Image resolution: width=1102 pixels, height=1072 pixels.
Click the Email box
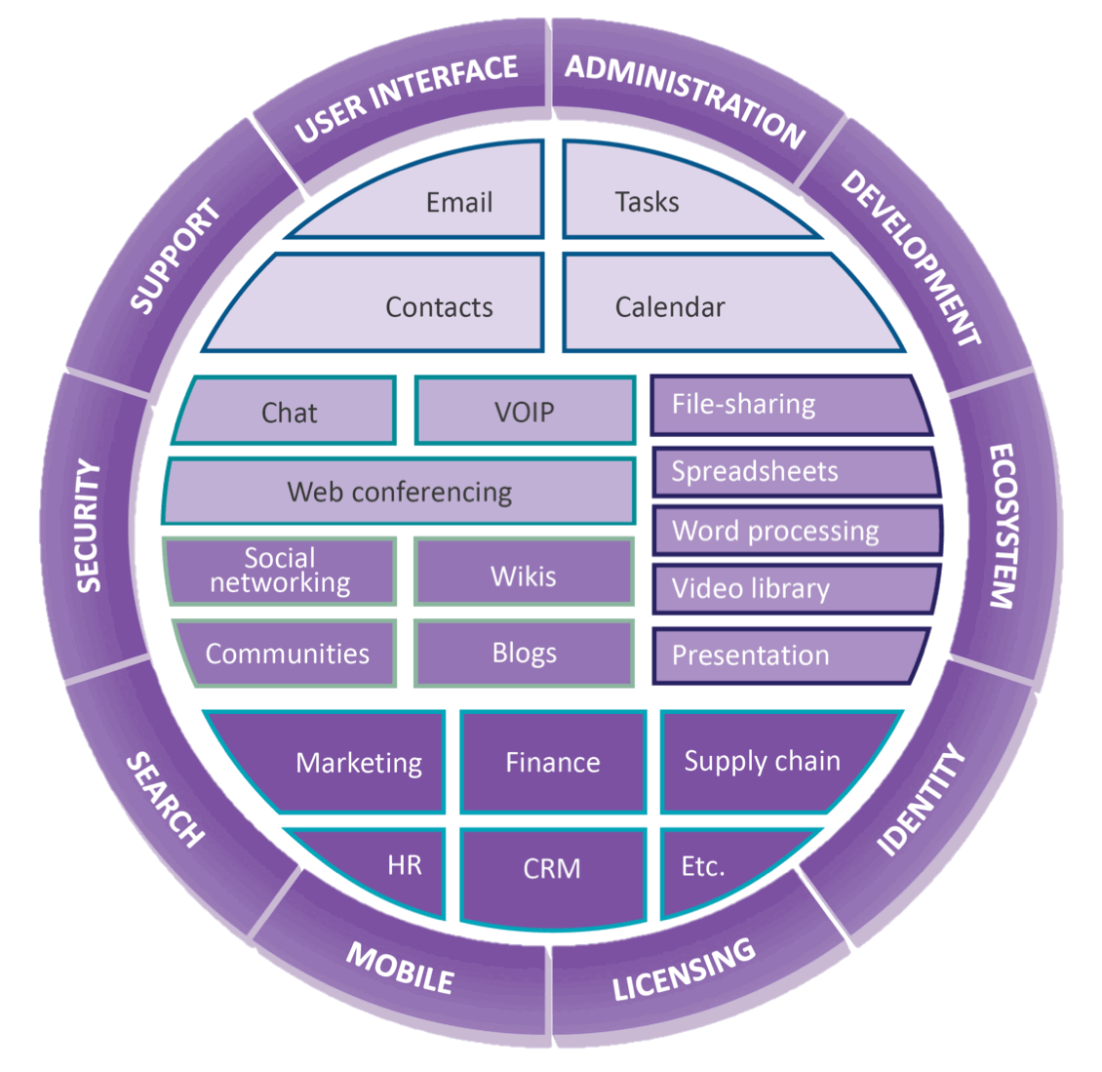tap(458, 203)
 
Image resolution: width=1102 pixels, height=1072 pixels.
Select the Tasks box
tap(648, 202)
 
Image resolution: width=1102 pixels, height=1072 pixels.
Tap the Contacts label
tap(439, 307)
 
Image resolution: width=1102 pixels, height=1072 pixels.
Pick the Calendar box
tap(670, 307)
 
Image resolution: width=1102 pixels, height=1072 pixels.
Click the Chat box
tap(290, 413)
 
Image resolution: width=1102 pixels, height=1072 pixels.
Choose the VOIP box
tap(525, 412)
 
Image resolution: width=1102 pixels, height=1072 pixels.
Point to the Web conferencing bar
tap(400, 492)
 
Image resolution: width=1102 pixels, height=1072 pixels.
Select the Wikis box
tap(524, 576)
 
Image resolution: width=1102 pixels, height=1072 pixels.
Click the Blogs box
tap(524, 653)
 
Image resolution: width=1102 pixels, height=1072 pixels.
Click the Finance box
tap(553, 762)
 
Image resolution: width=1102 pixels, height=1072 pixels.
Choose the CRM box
tap(552, 868)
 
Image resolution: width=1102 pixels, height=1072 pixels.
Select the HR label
tap(404, 864)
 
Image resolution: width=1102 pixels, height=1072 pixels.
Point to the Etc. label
tap(703, 866)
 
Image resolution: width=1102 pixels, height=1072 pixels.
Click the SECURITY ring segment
tap(89, 527)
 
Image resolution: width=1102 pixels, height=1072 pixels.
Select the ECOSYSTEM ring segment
tap(1004, 527)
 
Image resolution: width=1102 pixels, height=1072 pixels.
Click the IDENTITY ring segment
tap(922, 800)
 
